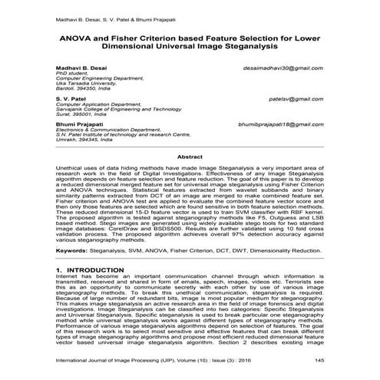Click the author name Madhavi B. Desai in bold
pos(83,68)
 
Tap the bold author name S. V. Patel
pos(70,99)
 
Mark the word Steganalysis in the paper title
pos(251,48)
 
